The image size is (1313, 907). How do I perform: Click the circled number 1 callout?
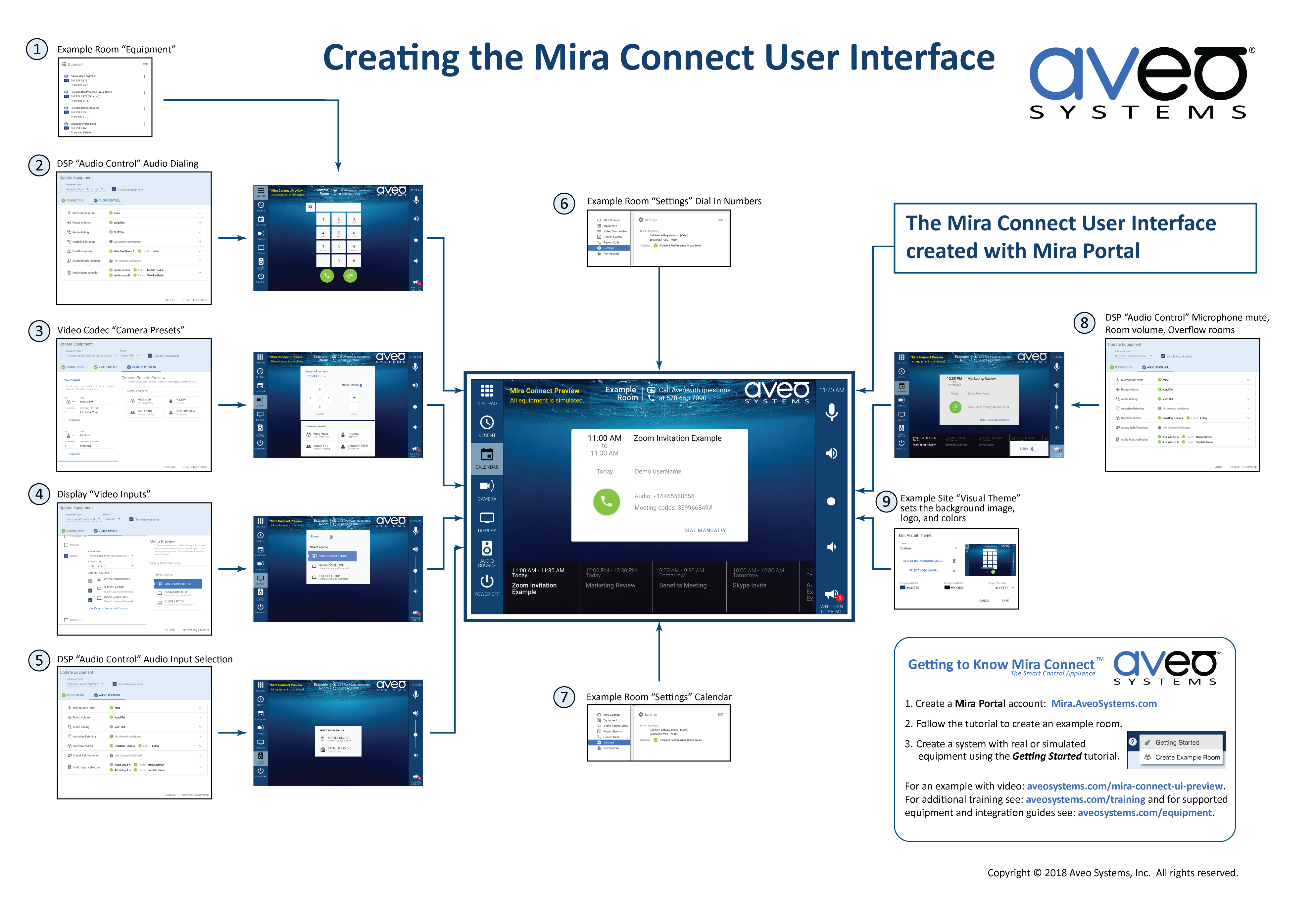(x=37, y=49)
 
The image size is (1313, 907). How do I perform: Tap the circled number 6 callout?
(x=564, y=204)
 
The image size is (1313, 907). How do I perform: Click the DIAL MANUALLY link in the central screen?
(x=706, y=530)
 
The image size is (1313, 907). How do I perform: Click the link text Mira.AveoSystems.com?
(x=1103, y=703)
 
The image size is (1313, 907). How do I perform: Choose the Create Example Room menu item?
(x=1187, y=757)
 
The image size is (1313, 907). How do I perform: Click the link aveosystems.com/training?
(x=1085, y=800)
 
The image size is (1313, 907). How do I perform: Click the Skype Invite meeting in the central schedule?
(x=749, y=585)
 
